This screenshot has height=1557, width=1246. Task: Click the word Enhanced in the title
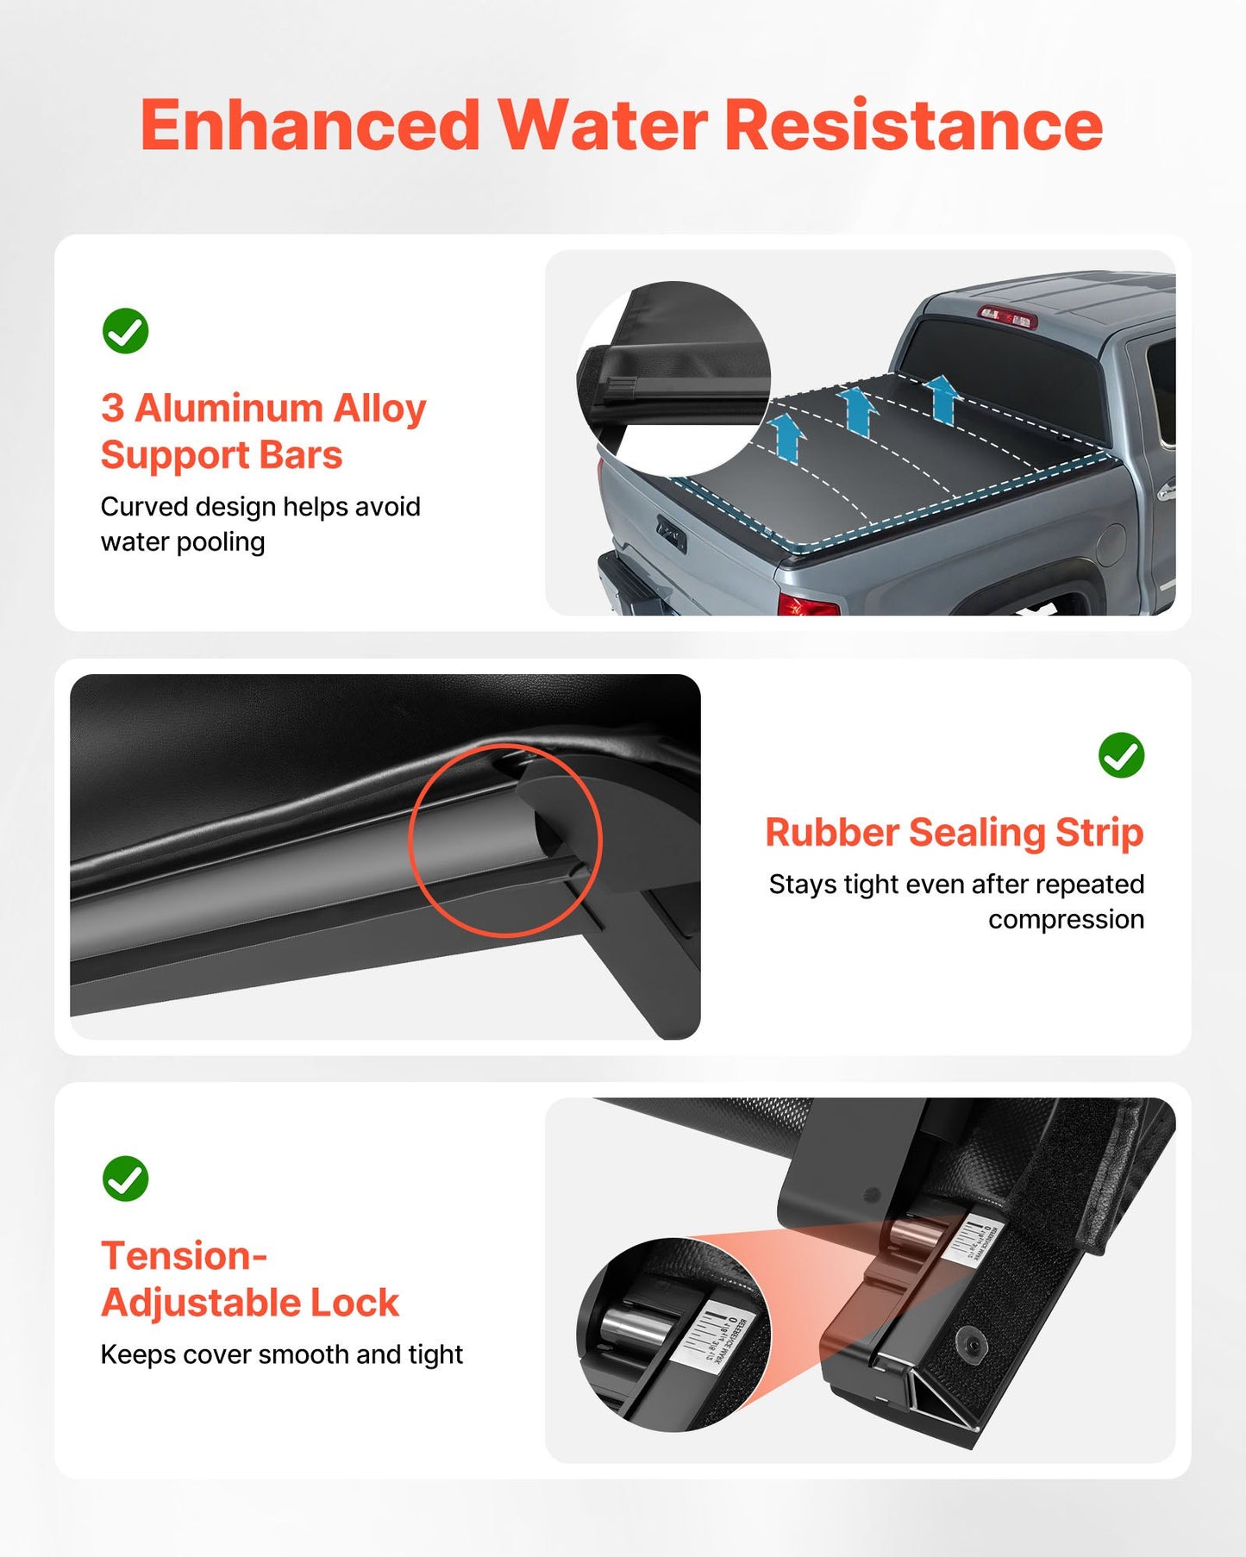[x=310, y=126]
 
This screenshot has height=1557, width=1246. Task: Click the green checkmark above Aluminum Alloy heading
[x=125, y=331]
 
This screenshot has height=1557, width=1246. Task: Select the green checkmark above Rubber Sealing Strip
[x=1121, y=755]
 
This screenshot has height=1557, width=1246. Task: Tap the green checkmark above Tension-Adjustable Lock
[x=125, y=1179]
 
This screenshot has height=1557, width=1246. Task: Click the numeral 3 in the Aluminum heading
[x=112, y=408]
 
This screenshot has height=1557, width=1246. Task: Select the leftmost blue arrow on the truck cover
[x=786, y=436]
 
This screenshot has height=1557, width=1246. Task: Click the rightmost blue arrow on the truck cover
[x=942, y=398]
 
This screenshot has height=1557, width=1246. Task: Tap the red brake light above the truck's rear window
[x=1006, y=316]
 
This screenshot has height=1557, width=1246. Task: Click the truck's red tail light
[x=807, y=604]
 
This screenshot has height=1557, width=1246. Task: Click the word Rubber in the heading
[x=832, y=833]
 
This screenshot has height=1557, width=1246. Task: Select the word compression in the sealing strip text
[x=1066, y=920]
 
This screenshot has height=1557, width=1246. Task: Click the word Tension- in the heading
[x=184, y=1255]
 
